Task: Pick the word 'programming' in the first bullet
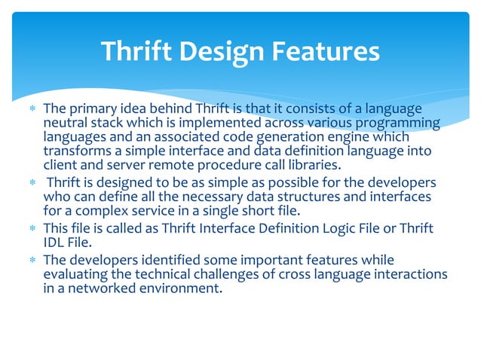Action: [400, 124]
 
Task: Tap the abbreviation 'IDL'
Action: [55, 243]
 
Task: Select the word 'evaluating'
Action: [75, 275]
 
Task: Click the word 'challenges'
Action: [222, 275]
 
